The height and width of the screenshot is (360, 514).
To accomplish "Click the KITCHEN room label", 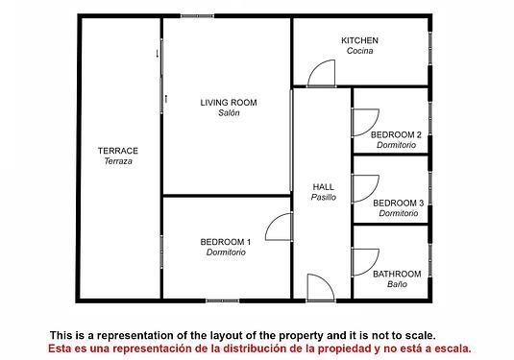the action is point(359,40).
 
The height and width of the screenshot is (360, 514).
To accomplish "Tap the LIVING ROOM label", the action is point(229,103).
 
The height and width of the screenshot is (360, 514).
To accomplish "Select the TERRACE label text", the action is point(118,151).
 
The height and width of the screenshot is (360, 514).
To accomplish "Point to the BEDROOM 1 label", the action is point(226,242).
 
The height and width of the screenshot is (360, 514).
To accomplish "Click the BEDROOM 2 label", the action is point(396,134).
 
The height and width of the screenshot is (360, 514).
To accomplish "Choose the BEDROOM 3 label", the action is point(399,204).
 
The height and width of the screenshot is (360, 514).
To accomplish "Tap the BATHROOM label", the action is point(397,274).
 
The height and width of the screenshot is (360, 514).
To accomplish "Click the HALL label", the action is point(323,187).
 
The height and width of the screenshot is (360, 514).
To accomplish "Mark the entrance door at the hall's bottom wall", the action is point(327,280).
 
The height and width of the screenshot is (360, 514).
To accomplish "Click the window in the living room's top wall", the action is point(197,15).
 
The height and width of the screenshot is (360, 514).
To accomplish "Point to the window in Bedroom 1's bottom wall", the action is point(223,300).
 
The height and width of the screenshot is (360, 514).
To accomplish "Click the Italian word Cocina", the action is point(359,51).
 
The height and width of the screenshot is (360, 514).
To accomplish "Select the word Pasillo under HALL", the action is point(324,197).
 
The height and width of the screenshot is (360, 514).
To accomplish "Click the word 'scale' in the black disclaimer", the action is point(420,335).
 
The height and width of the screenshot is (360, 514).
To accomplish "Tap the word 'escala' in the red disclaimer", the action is point(453,348).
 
